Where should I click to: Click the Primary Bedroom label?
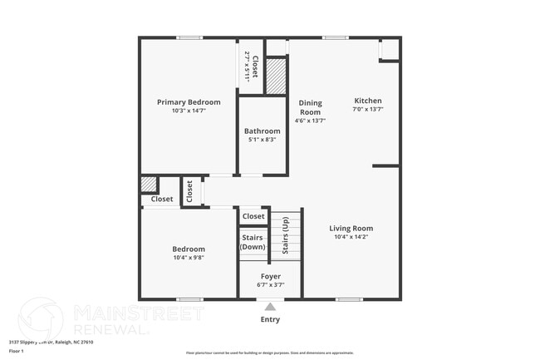(x=189, y=102)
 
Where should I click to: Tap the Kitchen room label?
(x=367, y=101)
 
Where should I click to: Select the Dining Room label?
(x=310, y=107)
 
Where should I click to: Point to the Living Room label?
(x=351, y=228)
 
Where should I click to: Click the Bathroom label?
(x=262, y=131)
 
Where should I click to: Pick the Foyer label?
(x=270, y=276)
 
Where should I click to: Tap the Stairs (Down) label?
(x=252, y=243)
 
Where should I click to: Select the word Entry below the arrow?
(x=270, y=319)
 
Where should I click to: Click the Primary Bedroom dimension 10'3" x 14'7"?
(x=189, y=111)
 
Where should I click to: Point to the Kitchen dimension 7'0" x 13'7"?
(x=367, y=109)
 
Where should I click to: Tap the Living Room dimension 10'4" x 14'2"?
(x=351, y=237)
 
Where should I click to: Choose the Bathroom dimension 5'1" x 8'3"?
(x=262, y=140)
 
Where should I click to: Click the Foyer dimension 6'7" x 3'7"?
(x=270, y=285)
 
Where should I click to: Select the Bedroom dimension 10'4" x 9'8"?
(x=189, y=258)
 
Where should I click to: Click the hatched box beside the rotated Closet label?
(x=276, y=74)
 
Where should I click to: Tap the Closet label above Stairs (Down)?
(x=253, y=216)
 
